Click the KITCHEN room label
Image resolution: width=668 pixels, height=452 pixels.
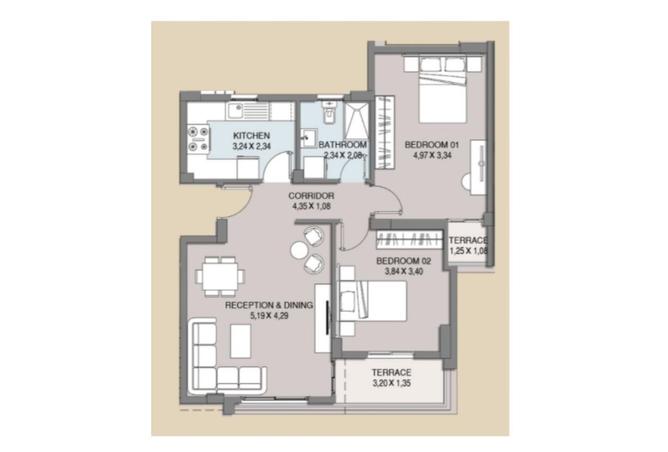click(251, 135)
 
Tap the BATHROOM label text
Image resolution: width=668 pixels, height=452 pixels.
click(343, 144)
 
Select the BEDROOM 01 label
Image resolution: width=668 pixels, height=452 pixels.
click(432, 144)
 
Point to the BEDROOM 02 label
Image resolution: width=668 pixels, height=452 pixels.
click(404, 261)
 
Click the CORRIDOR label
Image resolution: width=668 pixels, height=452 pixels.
click(311, 196)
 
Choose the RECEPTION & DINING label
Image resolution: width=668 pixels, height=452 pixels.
click(269, 305)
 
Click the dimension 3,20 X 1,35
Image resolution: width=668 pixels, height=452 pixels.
click(392, 383)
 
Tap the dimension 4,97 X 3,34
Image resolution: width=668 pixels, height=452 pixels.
click(432, 155)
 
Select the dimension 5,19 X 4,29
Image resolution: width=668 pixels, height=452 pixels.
click(269, 316)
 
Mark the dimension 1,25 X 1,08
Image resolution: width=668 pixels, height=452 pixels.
click(468, 250)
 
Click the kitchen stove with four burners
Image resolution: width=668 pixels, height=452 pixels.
click(198, 139)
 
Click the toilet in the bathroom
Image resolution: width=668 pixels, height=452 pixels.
click(329, 112)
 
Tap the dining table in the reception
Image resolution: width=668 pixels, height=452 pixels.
click(220, 276)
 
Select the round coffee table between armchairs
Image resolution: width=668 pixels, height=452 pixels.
click(299, 250)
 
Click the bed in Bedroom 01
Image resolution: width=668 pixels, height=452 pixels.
click(443, 89)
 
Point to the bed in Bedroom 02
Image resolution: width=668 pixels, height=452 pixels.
click(373, 300)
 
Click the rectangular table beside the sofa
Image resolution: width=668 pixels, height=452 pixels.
click(241, 341)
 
